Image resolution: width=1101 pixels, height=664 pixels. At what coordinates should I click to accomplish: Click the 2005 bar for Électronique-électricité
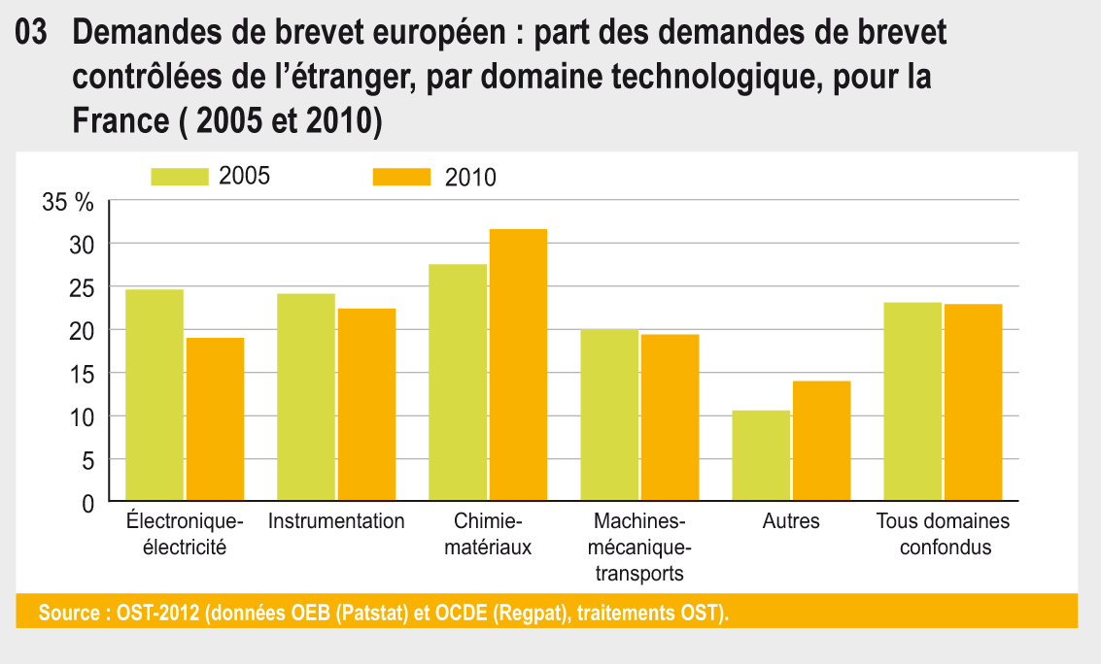[155, 396]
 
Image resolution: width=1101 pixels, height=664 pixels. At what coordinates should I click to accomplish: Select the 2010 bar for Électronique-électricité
[215, 420]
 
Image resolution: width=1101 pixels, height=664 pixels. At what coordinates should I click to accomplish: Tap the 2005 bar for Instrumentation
[306, 398]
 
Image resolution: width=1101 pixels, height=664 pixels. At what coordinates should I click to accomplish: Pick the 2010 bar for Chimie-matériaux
[518, 366]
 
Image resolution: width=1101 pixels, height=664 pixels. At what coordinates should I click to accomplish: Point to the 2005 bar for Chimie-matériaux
[458, 383]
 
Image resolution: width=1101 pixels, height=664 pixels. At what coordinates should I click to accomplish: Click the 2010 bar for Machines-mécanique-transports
[670, 418]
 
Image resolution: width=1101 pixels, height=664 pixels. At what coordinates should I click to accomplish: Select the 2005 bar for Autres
[761, 456]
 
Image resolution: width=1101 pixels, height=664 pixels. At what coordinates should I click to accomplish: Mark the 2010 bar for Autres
[821, 442]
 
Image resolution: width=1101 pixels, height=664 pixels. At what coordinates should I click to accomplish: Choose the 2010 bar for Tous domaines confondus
[973, 403]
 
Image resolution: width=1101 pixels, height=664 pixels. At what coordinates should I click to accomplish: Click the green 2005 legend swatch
[180, 176]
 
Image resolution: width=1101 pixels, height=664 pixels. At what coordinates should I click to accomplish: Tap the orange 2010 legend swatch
[401, 177]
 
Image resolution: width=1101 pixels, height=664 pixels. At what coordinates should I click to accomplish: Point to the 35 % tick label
[68, 203]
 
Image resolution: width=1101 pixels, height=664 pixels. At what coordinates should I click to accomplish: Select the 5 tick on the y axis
[87, 461]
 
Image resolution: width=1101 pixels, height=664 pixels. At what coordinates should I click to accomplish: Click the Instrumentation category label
[336, 521]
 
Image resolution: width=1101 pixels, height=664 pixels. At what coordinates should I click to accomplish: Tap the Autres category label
[791, 521]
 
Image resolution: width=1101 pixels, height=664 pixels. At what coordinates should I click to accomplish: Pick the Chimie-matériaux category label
[488, 534]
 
